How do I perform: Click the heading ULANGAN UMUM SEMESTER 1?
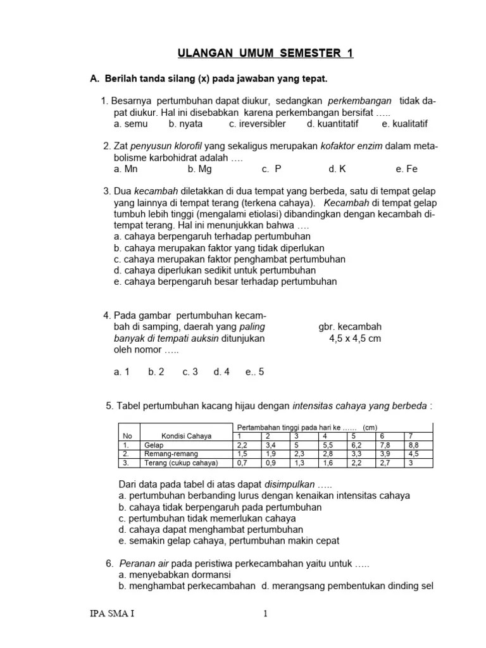coord(264,54)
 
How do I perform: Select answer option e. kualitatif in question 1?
coord(405,124)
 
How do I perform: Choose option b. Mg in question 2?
coord(199,170)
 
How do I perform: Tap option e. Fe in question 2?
coord(406,170)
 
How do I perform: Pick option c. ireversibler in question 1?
coord(257,124)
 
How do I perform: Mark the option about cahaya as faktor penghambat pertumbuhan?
coord(230,259)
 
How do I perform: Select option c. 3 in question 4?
coord(190,372)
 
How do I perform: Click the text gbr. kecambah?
coord(350,327)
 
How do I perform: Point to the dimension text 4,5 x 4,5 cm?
coord(355,339)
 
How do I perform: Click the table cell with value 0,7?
coord(242,463)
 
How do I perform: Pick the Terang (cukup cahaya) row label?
coord(180,463)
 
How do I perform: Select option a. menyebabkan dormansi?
coord(175,575)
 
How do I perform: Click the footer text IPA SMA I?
coord(112,614)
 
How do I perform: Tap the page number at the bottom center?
coord(266,614)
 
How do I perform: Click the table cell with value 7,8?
coord(385,445)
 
